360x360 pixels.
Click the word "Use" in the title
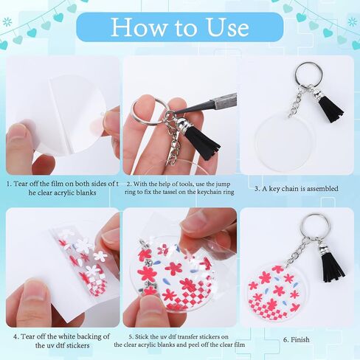[228, 27]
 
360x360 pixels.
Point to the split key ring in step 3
[309, 74]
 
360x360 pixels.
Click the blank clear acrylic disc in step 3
[285, 141]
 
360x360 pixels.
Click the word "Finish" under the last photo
[300, 339]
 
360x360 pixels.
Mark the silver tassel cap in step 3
[317, 92]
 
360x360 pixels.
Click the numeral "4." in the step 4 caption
[16, 336]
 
